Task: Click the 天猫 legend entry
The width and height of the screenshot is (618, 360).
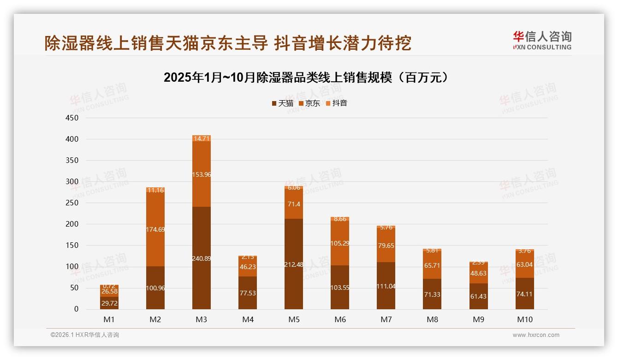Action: point(282,103)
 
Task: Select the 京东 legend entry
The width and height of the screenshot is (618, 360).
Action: point(309,103)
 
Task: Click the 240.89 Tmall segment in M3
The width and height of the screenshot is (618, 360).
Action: point(202,258)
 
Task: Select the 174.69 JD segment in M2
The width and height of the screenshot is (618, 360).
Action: point(155,229)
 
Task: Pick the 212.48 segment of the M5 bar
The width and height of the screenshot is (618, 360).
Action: point(294,264)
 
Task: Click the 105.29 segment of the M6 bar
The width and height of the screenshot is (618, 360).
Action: point(340,243)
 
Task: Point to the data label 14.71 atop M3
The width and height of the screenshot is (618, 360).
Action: point(202,138)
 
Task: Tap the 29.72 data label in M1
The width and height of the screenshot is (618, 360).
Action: point(109,303)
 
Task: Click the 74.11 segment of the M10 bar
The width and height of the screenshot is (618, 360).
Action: point(524,294)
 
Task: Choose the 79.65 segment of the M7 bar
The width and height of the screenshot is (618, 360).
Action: point(386,246)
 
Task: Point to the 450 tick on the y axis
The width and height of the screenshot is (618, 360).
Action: point(73,118)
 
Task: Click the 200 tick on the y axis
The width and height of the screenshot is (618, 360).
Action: point(73,224)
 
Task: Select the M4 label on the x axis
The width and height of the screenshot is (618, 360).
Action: point(248,319)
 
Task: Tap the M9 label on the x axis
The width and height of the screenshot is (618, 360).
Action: point(478,319)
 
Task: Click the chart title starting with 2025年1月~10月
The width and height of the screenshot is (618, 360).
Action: point(306,78)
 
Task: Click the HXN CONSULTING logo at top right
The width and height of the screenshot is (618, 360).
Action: point(541,40)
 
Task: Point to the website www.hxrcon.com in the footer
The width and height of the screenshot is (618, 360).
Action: point(536,335)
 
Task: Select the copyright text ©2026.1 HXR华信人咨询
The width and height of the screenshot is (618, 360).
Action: point(85,335)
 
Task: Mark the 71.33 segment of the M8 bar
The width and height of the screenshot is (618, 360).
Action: point(432,294)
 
